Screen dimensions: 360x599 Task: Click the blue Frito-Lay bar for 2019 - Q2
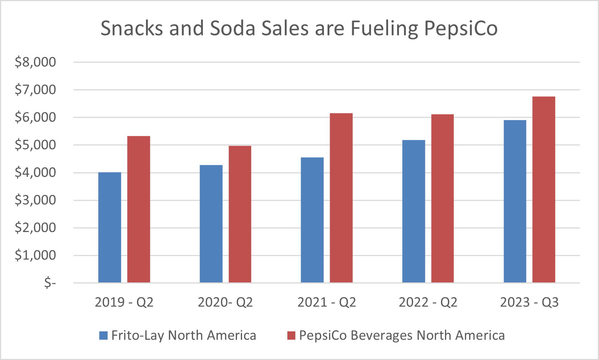click(x=109, y=227)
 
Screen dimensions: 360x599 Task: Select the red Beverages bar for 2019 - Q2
click(x=138, y=209)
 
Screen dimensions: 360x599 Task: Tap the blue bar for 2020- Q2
click(x=211, y=224)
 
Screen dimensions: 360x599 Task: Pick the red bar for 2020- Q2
click(x=240, y=214)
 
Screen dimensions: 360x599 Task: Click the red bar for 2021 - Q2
click(x=341, y=198)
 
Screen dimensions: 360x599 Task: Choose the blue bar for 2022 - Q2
click(x=413, y=211)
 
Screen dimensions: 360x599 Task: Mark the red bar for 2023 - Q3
click(x=544, y=190)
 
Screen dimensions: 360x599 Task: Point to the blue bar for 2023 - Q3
click(x=515, y=201)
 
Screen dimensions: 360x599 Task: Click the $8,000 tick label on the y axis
click(x=35, y=62)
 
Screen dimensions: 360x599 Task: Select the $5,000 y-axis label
click(x=35, y=145)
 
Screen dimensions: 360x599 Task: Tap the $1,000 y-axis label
click(x=35, y=255)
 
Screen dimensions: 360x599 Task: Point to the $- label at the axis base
click(x=50, y=282)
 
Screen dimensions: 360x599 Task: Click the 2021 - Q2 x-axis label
click(x=326, y=302)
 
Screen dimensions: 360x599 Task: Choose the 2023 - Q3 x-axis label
click(x=529, y=302)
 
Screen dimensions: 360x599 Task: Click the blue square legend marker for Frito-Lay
click(x=103, y=335)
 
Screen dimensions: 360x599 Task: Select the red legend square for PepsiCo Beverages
click(x=291, y=335)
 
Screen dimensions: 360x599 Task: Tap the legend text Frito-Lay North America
click(x=183, y=335)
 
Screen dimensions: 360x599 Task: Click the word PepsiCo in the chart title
click(x=461, y=28)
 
